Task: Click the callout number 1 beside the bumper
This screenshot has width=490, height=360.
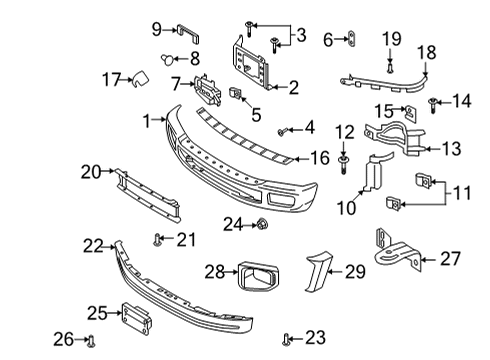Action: click(148, 121)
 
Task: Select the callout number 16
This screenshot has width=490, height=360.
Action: click(318, 157)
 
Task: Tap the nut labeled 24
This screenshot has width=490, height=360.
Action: click(261, 222)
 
